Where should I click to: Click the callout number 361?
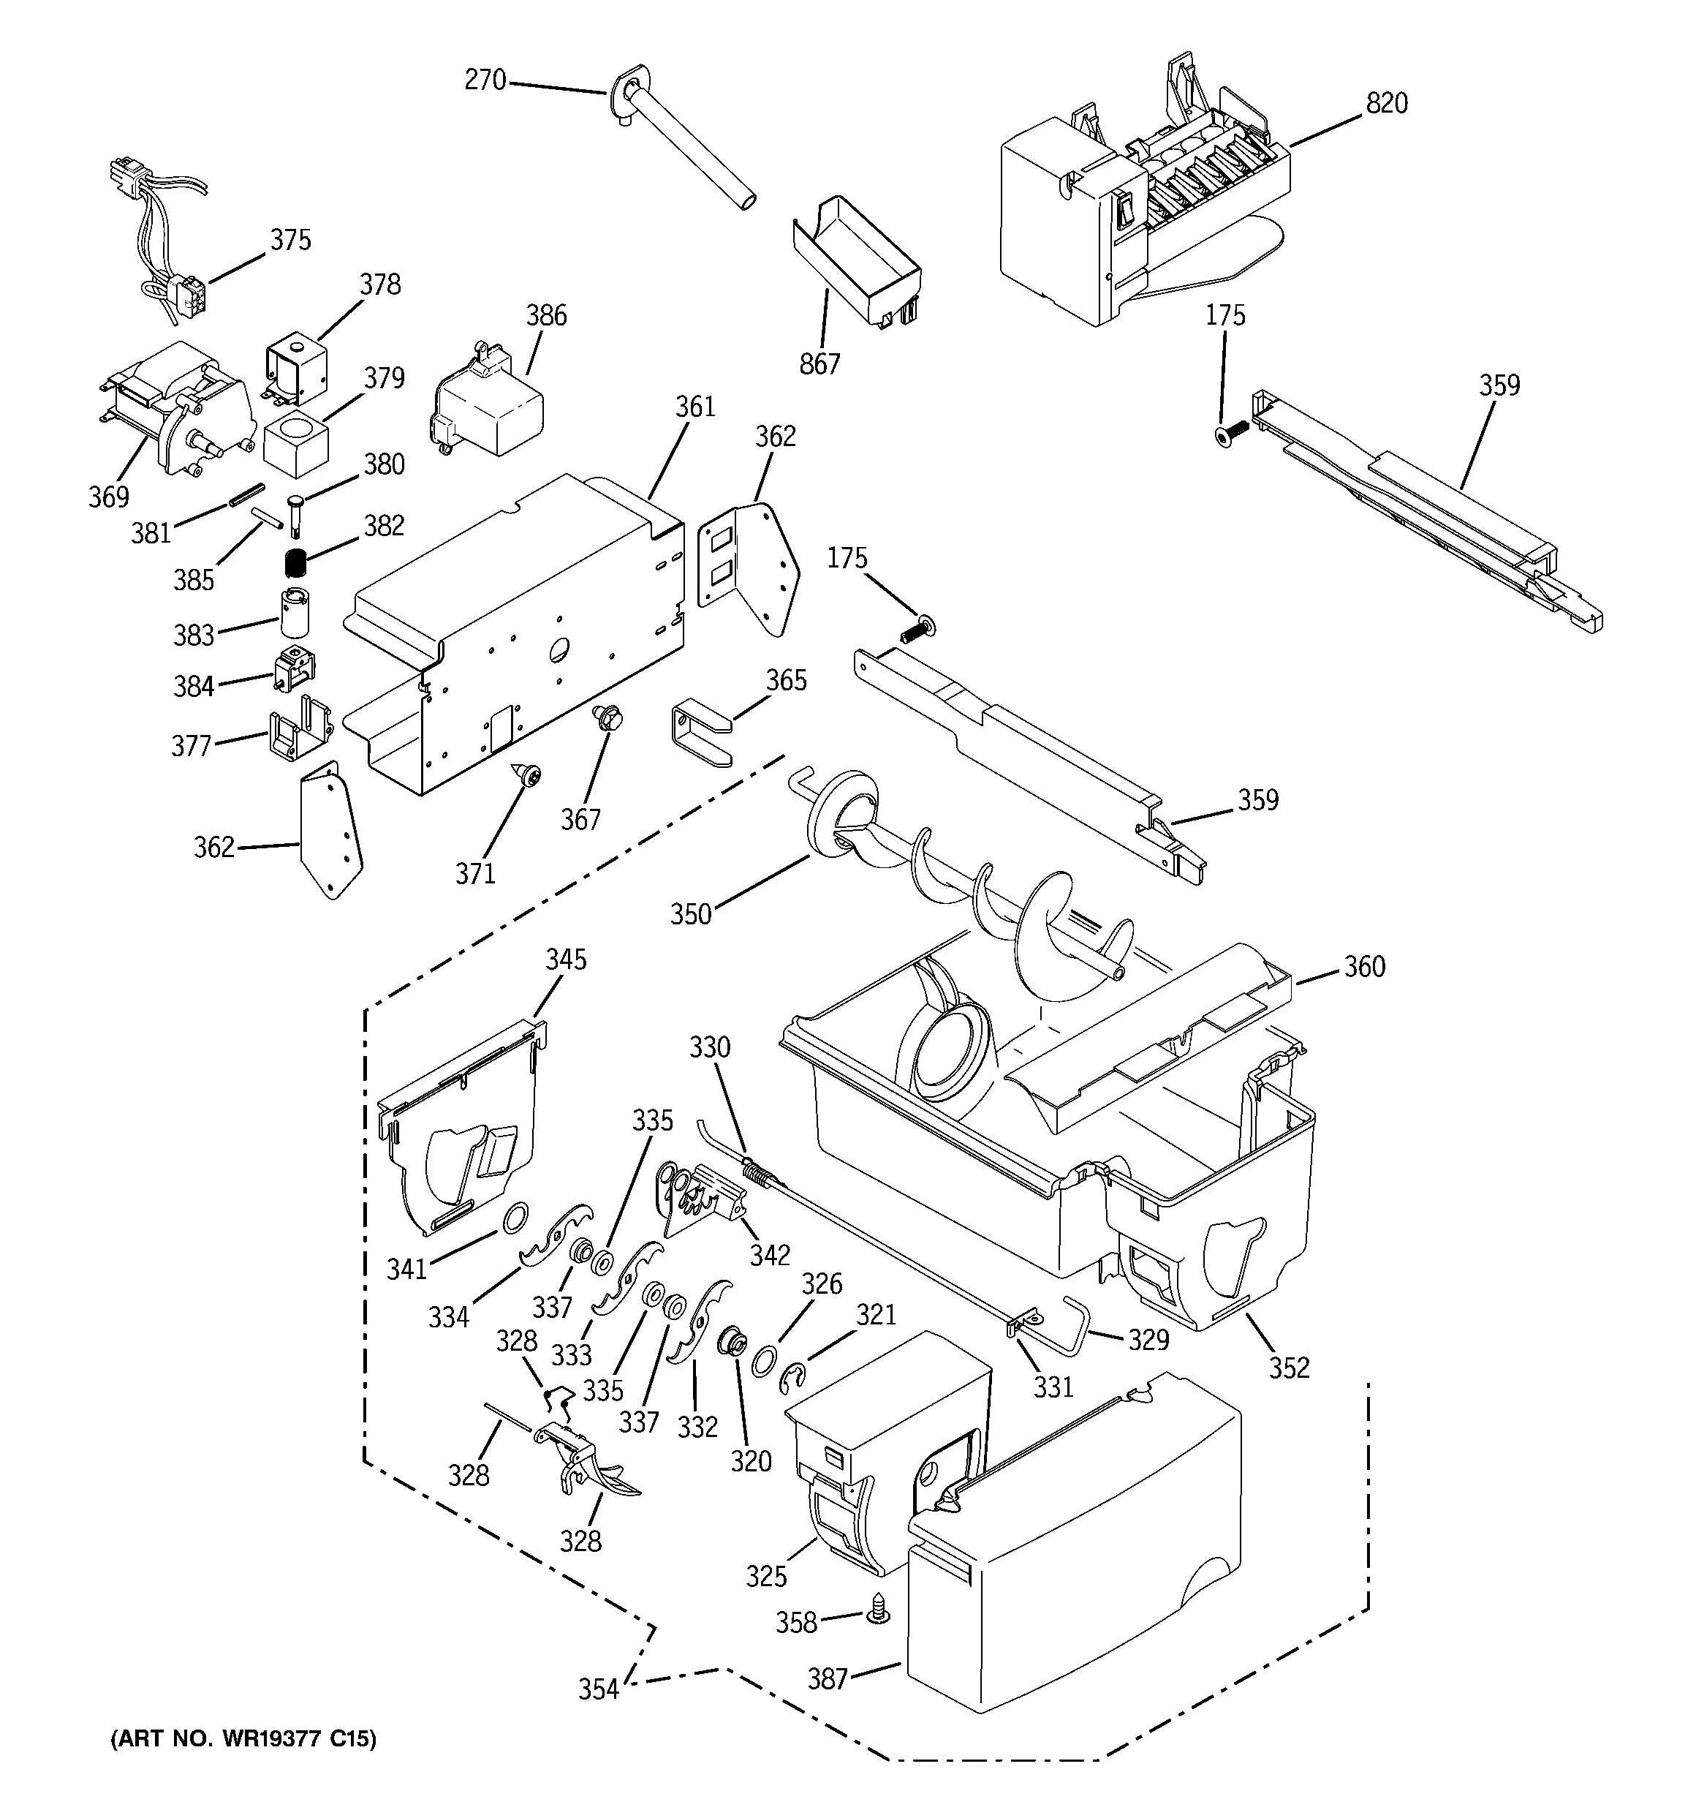[694, 408]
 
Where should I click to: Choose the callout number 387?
[828, 1678]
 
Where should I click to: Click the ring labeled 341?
[515, 1215]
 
